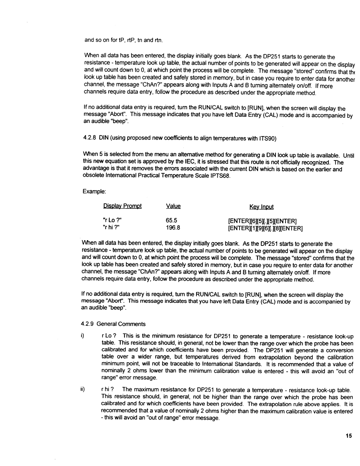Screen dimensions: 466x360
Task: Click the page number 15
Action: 348,436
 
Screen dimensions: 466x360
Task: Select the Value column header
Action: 173,206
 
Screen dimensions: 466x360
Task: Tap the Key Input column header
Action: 261,207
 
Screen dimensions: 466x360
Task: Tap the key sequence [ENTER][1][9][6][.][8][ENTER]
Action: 265,228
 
